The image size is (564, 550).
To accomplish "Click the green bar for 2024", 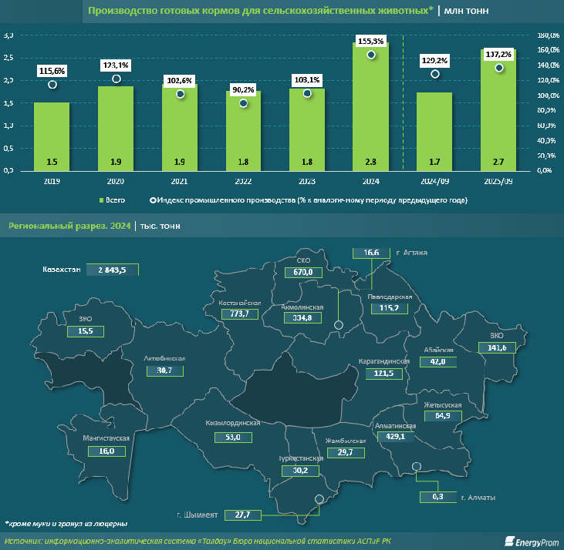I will click(x=371, y=108).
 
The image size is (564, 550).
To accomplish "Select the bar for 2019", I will click(x=52, y=135).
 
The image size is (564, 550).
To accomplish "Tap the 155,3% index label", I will click(x=371, y=40).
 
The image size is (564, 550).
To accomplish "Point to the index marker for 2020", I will click(x=117, y=79).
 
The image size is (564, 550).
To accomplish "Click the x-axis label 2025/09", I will click(x=498, y=181).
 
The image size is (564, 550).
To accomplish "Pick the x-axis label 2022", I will click(x=243, y=181).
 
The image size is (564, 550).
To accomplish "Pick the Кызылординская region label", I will click(x=232, y=424).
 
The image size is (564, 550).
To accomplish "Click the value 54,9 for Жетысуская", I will click(x=442, y=416).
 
